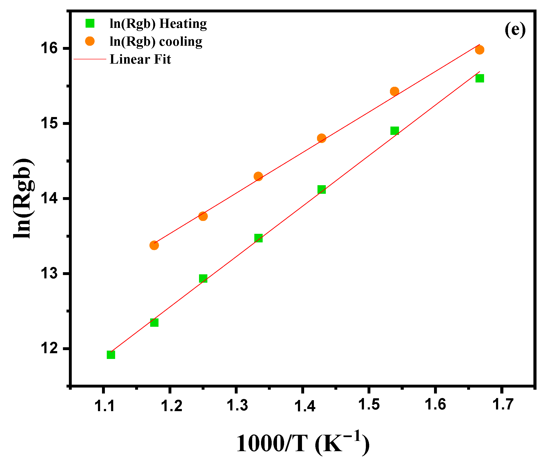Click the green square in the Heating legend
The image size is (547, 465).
tap(90, 23)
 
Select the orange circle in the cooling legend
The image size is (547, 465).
tap(90, 41)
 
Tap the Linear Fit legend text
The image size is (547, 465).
tap(140, 59)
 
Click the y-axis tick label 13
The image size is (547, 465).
tap(49, 273)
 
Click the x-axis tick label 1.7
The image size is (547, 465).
tap(503, 405)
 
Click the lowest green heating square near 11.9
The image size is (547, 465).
tap(111, 355)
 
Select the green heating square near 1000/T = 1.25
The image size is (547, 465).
tap(203, 278)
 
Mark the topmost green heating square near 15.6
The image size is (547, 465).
tap(480, 78)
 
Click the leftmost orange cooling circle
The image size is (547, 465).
tap(154, 245)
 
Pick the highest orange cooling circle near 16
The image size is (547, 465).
tap(480, 50)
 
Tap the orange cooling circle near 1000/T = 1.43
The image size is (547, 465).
tap(322, 138)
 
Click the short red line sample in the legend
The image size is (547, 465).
tap(90, 59)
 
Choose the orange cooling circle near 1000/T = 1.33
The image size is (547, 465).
tap(258, 176)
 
